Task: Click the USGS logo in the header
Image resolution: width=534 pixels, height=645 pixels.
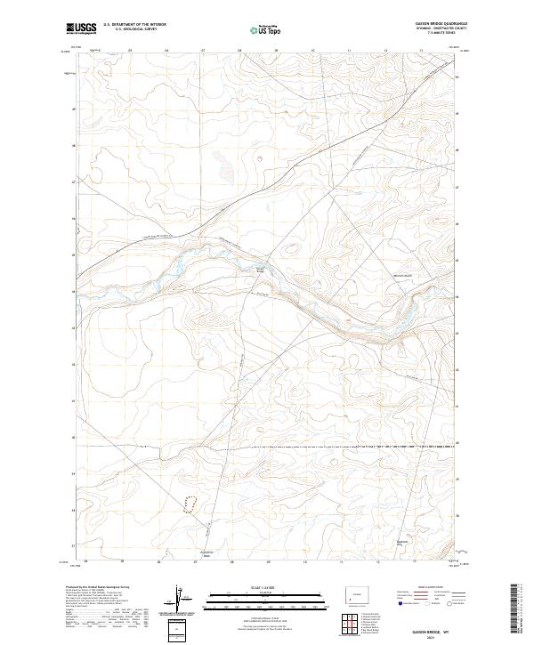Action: pos(81,29)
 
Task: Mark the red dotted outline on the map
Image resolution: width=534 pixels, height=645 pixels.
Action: pos(190,504)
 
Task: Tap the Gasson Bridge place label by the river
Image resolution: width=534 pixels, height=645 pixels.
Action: pos(261,270)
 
